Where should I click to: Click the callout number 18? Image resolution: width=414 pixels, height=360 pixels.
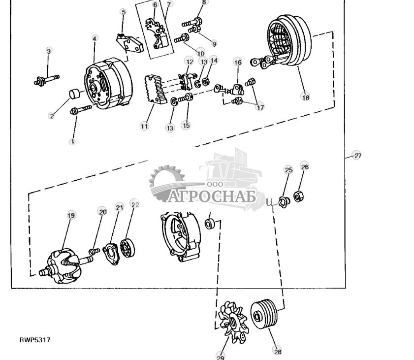coord(306,97)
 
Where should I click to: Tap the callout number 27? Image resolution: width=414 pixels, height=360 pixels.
coord(357,156)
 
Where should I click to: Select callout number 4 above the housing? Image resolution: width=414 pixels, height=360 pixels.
coord(95,38)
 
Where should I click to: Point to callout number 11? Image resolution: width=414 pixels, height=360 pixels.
coord(144,126)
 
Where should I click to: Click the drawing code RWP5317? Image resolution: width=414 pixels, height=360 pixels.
coord(34,340)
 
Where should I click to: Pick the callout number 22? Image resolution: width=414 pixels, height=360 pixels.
coord(135,204)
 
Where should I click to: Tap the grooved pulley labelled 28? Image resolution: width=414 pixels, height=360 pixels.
coord(264,314)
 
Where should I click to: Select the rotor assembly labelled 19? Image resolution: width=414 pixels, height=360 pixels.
coord(64,265)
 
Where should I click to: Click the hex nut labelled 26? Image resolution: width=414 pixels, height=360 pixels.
coord(298,196)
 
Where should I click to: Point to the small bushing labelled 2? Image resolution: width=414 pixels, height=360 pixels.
coord(75,94)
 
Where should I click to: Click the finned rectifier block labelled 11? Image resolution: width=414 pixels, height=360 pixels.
coord(156,90)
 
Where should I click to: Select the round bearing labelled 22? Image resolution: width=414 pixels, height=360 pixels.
coord(127,248)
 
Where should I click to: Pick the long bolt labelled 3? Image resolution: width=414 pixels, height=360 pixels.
coord(46,80)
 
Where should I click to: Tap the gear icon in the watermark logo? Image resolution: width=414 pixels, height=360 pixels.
coord(166,182)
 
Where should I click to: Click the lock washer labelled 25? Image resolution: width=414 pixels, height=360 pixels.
coord(284,202)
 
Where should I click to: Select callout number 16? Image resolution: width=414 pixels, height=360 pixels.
coord(238,62)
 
